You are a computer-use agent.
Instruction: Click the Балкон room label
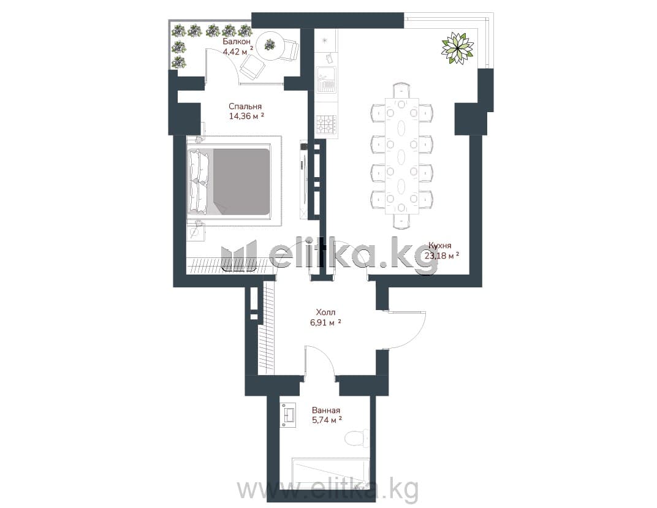tap(237, 42)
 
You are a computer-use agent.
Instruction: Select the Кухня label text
tap(439, 246)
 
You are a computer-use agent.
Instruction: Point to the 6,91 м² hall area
tap(325, 323)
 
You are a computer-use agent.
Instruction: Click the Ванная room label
tap(326, 411)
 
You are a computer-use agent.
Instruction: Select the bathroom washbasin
tap(289, 415)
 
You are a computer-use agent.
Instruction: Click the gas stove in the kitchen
tap(326, 124)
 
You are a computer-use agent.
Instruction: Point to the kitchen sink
tap(326, 80)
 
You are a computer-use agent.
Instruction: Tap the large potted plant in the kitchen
tap(458, 48)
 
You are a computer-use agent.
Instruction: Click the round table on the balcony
tap(270, 44)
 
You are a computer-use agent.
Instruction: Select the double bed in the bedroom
tap(229, 181)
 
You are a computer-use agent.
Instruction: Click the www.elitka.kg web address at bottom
tap(328, 488)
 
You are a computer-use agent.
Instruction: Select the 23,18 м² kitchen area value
tap(442, 256)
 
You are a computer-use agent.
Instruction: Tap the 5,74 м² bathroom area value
tap(327, 420)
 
